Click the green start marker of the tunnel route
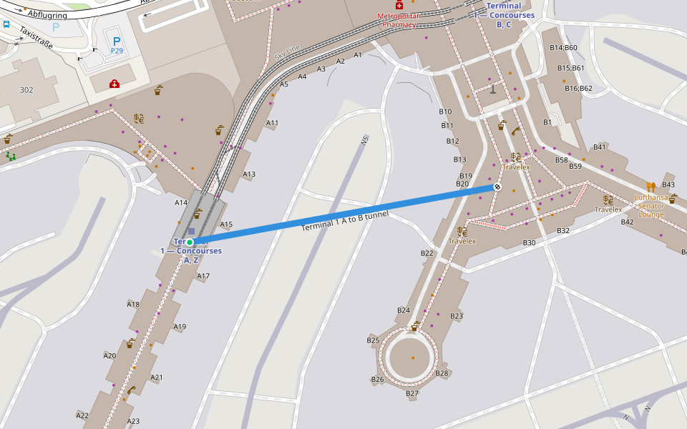coord(190,242)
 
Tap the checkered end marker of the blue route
coord(497,187)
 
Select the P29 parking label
coord(117,51)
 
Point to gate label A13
coord(249,174)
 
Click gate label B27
coord(412,393)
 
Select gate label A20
coord(109,355)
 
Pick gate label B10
coord(445,112)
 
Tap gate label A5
coord(284,84)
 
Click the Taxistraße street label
coord(36,36)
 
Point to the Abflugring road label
coord(48,14)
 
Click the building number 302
coord(26,90)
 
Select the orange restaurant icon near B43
coord(651,187)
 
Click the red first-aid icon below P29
coord(114,84)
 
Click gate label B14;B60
coord(563,48)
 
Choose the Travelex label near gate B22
coord(462,241)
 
